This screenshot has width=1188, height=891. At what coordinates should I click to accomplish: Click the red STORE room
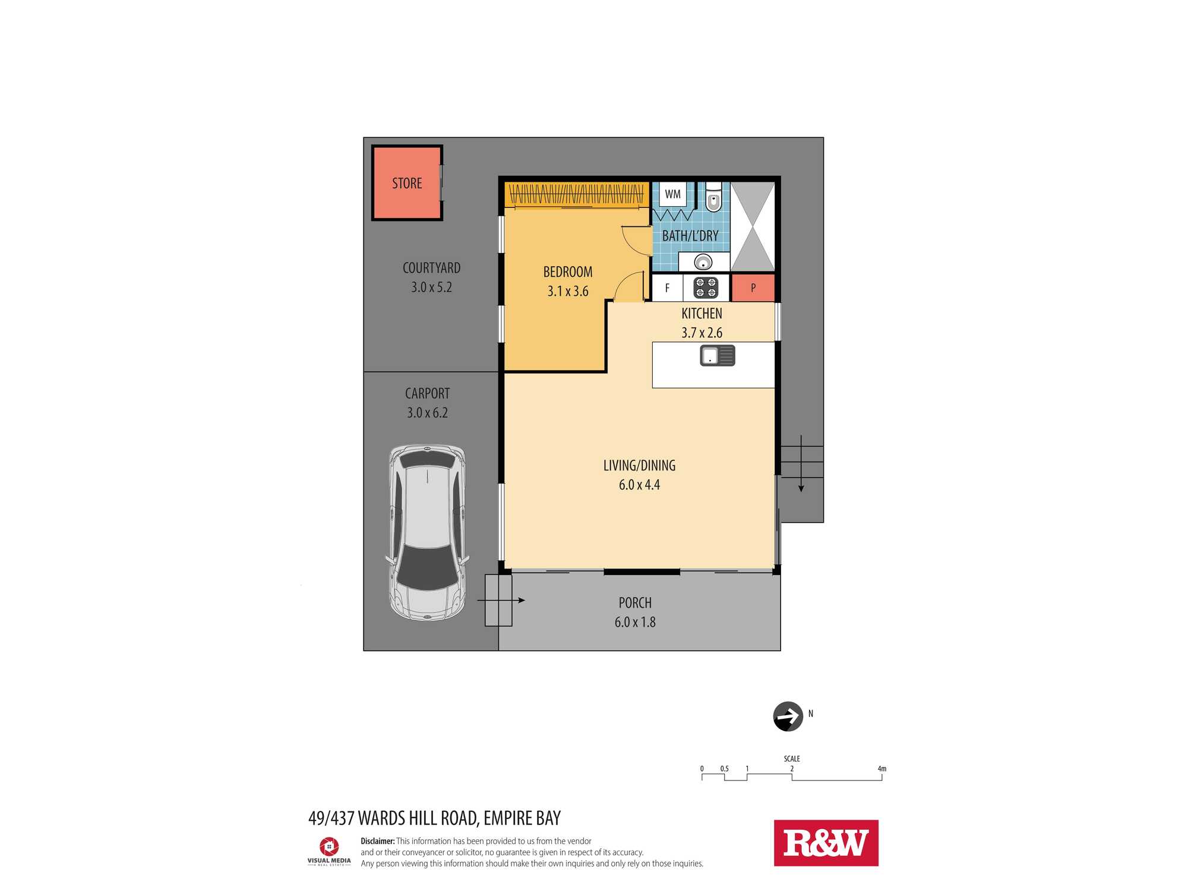[407, 183]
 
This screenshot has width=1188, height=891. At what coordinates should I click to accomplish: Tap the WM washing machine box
[673, 194]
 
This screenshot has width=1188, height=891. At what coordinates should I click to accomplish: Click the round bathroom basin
[703, 262]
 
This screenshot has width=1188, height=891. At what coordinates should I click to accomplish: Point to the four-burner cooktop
[706, 287]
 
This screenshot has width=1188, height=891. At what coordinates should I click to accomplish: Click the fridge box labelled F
[667, 288]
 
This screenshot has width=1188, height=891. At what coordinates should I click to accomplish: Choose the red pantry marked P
[753, 288]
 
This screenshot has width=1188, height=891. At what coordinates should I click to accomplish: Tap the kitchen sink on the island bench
[718, 356]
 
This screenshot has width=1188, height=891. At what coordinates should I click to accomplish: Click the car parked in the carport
[427, 533]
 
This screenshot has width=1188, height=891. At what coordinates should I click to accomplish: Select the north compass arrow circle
[788, 716]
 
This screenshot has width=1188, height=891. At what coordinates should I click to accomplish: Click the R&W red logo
[826, 843]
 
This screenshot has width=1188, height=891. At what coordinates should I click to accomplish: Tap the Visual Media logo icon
[329, 846]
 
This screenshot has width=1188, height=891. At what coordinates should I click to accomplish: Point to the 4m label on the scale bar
[882, 769]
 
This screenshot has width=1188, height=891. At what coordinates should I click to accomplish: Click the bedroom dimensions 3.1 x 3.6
[568, 291]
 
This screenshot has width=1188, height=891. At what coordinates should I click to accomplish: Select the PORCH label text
[635, 603]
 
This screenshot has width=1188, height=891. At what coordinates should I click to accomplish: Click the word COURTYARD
[432, 268]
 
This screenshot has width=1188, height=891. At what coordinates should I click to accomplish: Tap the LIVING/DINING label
[640, 466]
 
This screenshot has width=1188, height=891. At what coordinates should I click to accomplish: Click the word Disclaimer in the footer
[378, 841]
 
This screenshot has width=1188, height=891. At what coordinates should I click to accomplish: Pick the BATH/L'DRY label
[690, 236]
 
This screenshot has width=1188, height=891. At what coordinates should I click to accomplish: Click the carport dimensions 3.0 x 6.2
[428, 413]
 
